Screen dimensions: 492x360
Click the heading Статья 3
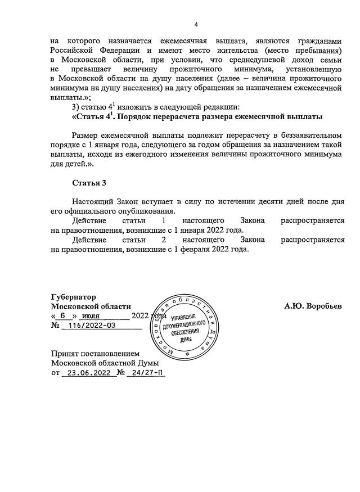click(x=89, y=183)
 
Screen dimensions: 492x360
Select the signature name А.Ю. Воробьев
click(x=313, y=306)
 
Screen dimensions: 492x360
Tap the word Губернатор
click(x=73, y=296)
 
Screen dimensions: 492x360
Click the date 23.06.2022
click(x=85, y=373)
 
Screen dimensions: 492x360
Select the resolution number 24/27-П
click(x=145, y=373)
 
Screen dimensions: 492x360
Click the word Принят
click(x=65, y=354)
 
